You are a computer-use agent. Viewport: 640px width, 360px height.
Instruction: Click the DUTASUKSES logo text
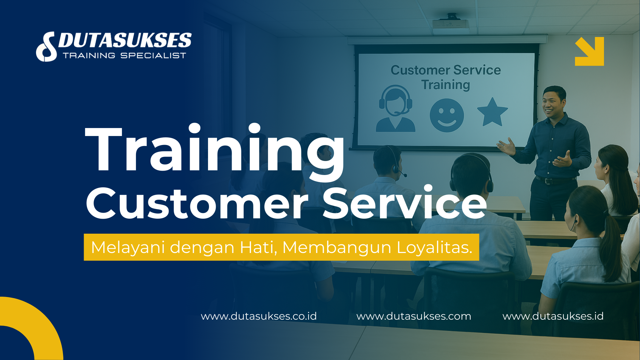[125, 41]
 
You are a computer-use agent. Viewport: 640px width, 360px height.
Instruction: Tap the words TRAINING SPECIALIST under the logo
[124, 56]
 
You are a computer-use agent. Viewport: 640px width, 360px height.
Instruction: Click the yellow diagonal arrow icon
[589, 51]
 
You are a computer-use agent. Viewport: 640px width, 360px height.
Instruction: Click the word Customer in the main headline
[197, 203]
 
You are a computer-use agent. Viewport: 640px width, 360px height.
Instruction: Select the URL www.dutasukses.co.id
[259, 316]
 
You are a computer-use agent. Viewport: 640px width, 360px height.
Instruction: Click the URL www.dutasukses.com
[414, 316]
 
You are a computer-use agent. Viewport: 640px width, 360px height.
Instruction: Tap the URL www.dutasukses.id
[553, 316]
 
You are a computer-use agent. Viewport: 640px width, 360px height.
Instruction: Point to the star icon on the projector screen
[492, 112]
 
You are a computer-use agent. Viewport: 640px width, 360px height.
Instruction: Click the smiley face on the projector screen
[447, 115]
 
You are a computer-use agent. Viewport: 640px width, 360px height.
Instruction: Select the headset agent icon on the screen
[396, 109]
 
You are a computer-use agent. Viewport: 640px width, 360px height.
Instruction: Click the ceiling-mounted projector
[451, 23]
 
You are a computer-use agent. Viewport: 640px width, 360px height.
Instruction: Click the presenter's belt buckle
[548, 181]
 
